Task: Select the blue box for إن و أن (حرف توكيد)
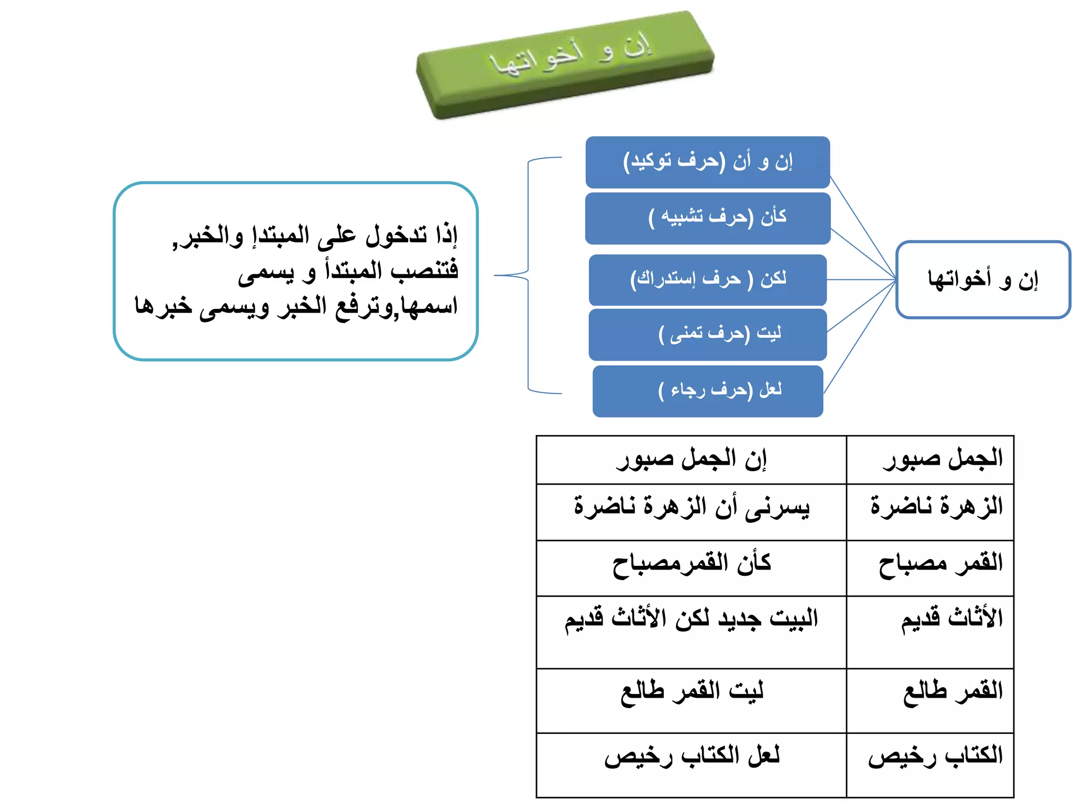707,162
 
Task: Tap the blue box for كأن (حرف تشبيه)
707,218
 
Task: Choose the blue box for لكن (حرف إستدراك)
707,280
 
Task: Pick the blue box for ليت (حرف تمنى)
707,334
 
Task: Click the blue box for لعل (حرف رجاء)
707,391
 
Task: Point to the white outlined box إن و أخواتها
983,280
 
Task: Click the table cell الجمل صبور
930,460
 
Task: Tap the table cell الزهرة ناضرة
930,511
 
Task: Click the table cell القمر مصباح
930,567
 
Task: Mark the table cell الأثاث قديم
930,631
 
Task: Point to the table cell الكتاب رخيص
930,764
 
